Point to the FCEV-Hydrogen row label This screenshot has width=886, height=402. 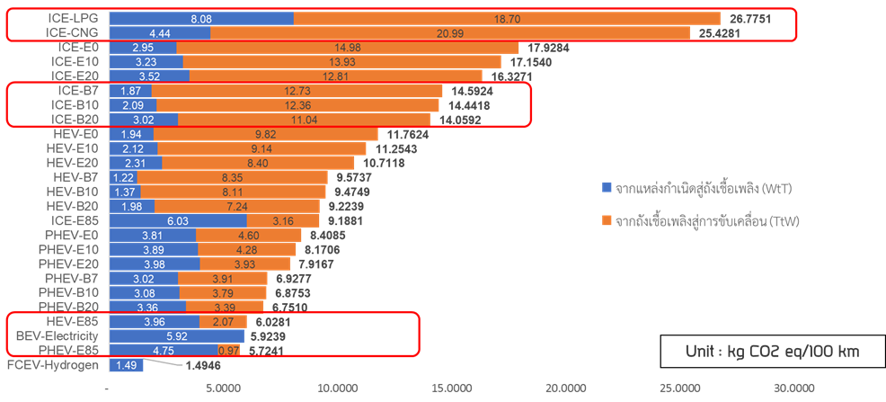point(55,365)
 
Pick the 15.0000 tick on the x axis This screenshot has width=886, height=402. point(450,388)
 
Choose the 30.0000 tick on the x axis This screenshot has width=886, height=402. point(793,388)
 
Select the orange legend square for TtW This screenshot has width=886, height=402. point(607,219)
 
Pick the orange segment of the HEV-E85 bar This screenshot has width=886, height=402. point(223,321)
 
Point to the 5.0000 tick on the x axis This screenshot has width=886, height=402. point(223,388)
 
